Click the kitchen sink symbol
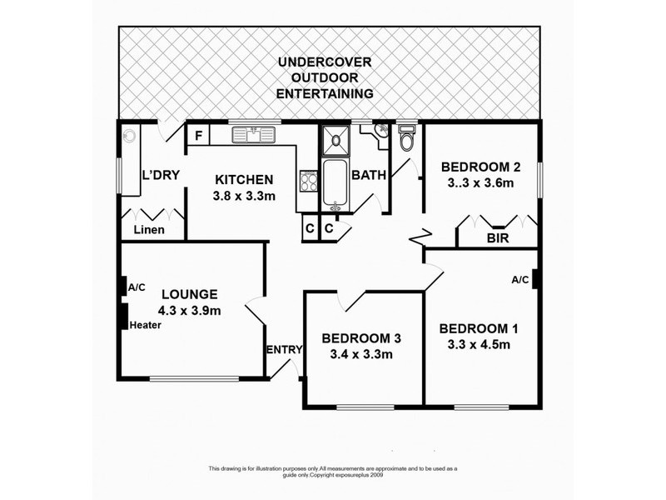pos(249,134)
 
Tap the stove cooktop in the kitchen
pos(309,181)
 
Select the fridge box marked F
pos(199,135)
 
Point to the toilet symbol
pos(406,138)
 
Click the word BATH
pos(367,176)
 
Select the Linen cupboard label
pos(149,230)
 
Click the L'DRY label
pos(157,176)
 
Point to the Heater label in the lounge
pos(145,325)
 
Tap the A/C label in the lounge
pos(137,287)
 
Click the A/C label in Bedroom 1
pos(520,280)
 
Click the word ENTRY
pos(284,350)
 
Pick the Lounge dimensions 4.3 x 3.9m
pos(191,311)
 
